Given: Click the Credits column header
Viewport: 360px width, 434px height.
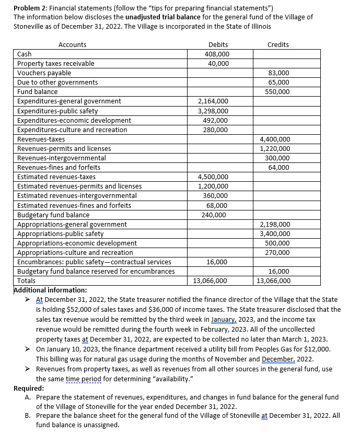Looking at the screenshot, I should [277, 44].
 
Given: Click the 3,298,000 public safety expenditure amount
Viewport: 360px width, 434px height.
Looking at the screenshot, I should [213, 111].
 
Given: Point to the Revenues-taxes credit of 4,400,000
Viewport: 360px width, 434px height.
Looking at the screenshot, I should [275, 139].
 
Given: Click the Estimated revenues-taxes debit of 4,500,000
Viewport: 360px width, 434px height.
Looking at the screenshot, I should [213, 177].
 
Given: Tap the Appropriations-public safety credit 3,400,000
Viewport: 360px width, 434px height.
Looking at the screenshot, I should [275, 233].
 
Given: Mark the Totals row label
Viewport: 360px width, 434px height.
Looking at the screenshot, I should [27, 280].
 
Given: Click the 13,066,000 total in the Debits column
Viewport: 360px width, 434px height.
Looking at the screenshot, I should [210, 280].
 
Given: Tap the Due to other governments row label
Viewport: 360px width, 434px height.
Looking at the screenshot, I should [57, 82].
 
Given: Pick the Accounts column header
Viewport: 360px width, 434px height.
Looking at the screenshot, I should [73, 44].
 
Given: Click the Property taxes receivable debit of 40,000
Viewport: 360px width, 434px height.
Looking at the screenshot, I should [218, 63].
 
